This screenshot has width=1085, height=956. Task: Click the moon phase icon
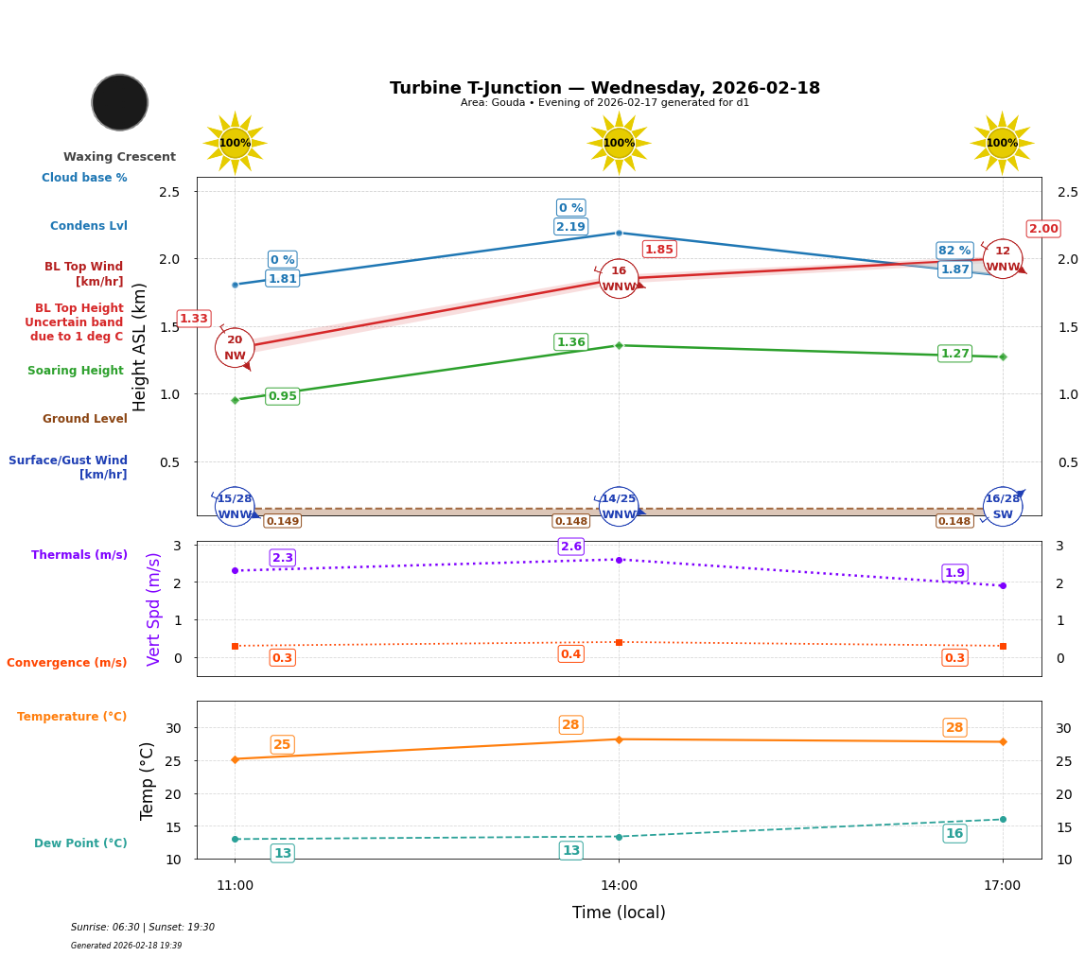120,102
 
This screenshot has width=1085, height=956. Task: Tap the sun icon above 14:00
619,143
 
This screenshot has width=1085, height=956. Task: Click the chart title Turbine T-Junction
604,88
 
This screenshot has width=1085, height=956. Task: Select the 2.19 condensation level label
570,226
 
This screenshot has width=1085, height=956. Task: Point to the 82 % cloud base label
954,251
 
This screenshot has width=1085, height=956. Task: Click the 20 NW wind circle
235,348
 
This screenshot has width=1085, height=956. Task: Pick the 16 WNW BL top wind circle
619,279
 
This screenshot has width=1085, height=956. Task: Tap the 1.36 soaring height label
570,342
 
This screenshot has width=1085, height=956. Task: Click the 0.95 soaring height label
282,396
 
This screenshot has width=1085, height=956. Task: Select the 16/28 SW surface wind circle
1003,507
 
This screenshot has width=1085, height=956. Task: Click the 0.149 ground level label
282,521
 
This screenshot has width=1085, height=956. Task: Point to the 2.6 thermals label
570,547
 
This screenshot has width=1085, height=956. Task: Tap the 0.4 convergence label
570,654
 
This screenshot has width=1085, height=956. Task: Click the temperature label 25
282,745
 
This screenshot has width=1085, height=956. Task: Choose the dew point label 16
954,833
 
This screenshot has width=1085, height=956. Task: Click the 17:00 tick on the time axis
1002,886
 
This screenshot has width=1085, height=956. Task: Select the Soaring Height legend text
76,371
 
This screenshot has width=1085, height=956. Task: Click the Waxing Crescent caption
119,157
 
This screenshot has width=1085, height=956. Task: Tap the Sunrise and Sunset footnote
143,928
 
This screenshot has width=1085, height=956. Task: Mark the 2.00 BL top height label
1043,229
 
